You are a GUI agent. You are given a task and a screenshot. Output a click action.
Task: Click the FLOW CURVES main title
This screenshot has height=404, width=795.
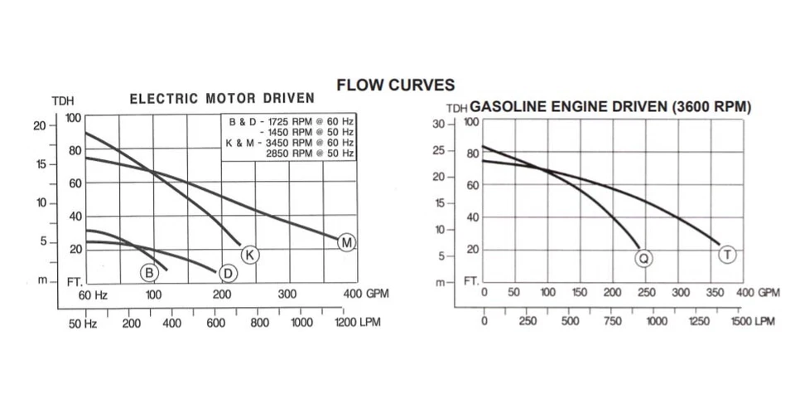396,85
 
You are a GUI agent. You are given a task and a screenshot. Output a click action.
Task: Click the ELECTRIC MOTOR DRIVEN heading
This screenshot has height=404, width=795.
222,99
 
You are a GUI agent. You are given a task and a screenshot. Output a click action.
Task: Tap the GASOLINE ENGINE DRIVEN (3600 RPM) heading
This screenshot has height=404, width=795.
610,107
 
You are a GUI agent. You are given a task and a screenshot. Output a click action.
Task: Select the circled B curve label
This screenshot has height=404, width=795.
149,272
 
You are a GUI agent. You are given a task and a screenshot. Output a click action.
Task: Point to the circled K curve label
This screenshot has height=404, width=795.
250,254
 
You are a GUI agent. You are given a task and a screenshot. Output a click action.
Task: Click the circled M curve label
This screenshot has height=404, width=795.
346,242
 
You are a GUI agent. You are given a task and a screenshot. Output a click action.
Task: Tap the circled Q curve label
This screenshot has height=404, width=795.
644,258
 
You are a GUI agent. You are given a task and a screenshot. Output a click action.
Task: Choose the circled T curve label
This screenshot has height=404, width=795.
727,255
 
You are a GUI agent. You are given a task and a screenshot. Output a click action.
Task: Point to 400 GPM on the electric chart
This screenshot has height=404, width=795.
365,294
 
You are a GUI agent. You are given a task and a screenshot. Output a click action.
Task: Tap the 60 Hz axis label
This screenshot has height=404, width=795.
94,294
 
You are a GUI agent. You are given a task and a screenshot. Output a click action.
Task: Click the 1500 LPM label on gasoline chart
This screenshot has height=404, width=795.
752,321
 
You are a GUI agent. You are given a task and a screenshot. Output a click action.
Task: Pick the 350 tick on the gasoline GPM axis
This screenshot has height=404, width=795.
714,292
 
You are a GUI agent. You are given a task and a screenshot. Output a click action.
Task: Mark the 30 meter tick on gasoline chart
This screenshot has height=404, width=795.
439,124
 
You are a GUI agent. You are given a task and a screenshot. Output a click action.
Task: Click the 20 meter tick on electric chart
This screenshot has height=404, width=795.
39,125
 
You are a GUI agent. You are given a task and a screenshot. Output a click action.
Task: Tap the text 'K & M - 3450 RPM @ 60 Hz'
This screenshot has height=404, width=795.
290,143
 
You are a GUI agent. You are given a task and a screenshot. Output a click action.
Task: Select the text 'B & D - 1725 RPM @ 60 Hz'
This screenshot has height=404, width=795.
291,121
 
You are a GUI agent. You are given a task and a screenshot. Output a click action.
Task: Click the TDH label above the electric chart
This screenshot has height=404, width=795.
63,100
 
